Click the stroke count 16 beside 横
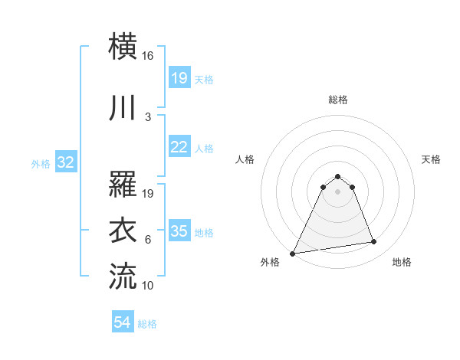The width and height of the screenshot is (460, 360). (148, 56)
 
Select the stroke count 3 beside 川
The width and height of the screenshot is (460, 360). (148, 117)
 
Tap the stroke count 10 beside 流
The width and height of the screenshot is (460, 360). (148, 285)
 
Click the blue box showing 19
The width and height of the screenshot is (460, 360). (179, 78)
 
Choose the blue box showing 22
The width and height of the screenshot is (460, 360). (179, 147)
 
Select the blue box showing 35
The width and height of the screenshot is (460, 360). (179, 231)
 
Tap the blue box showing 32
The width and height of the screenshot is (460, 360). (65, 162)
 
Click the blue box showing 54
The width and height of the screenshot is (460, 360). (123, 323)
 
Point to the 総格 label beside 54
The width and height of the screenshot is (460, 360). (147, 324)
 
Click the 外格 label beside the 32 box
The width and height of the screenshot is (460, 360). (41, 163)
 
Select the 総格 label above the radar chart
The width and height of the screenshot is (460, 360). (337, 100)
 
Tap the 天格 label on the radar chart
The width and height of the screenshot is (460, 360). (432, 159)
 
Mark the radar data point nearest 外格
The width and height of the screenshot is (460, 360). (293, 254)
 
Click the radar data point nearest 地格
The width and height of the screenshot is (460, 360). (374, 242)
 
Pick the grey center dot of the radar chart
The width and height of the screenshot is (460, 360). (337, 191)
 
